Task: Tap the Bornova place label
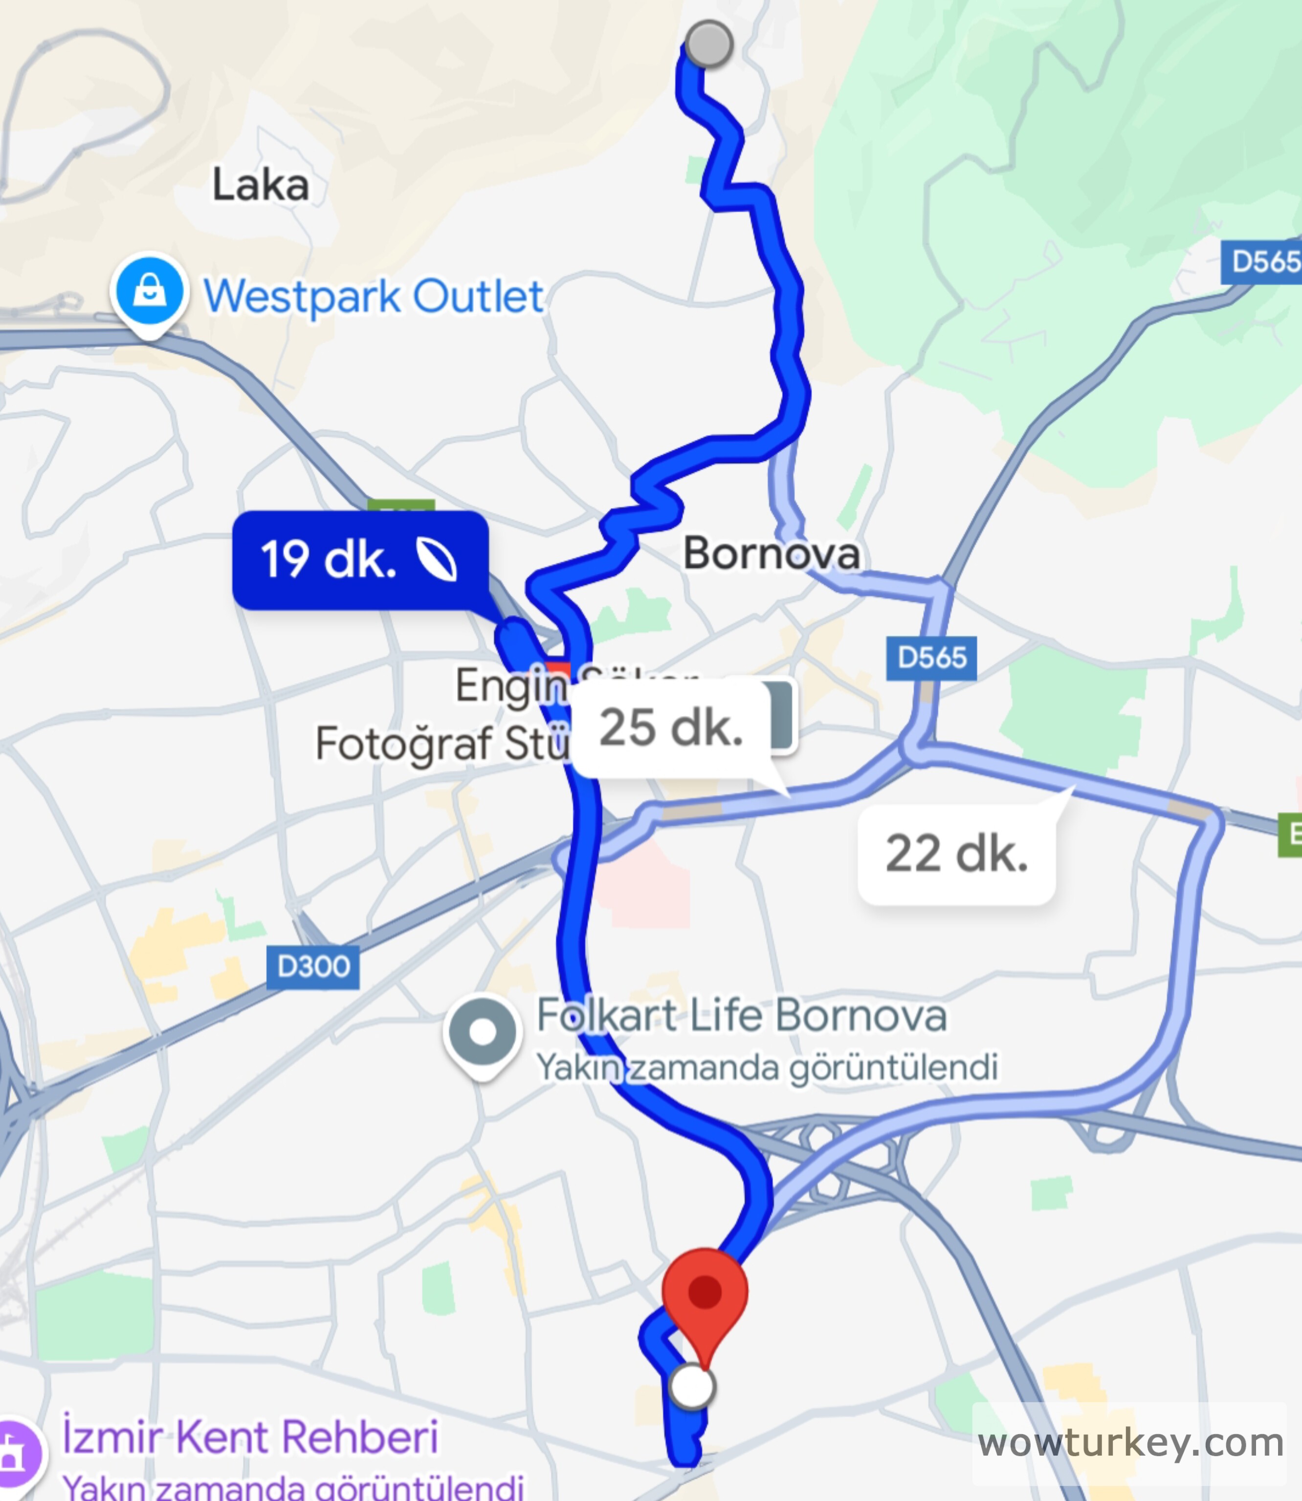point(772,553)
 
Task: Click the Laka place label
point(260,185)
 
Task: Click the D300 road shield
point(313,966)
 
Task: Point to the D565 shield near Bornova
point(931,658)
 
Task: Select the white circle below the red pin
point(692,1386)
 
